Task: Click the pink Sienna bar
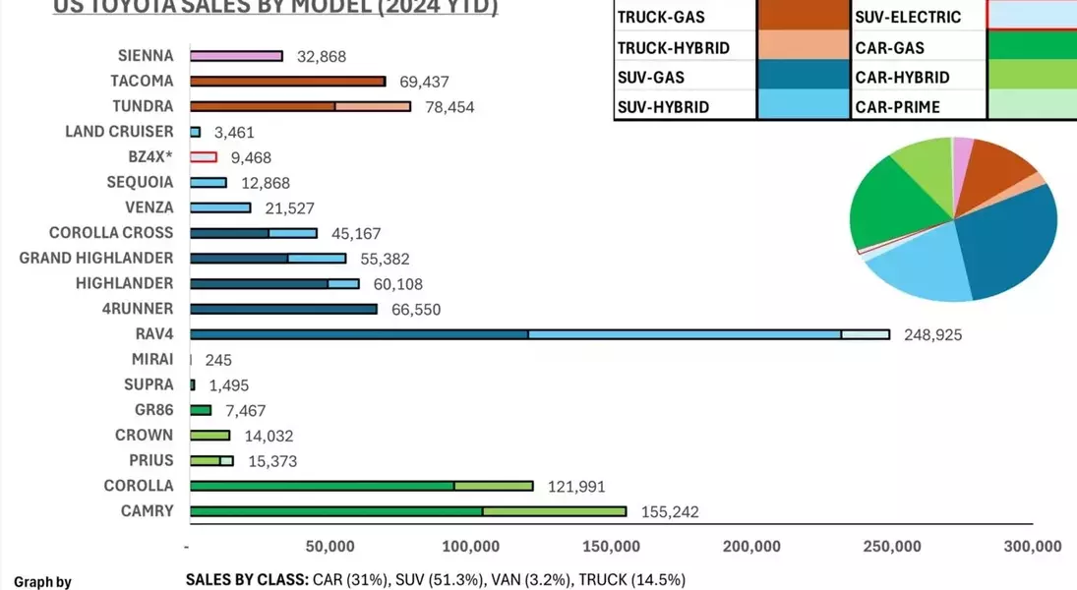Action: (236, 56)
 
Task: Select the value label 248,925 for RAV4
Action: (932, 335)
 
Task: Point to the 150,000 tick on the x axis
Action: (611, 547)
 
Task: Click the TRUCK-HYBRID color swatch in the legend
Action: (803, 46)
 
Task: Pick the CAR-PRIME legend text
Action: (897, 107)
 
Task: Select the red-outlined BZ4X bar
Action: (203, 157)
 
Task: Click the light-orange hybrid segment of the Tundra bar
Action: (373, 106)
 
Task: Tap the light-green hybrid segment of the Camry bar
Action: (554, 511)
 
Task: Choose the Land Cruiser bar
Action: (196, 132)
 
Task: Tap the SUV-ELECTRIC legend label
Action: (908, 17)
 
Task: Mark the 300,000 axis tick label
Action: (1033, 547)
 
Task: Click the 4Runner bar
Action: (283, 310)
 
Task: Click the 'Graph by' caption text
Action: (42, 582)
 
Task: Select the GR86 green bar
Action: (201, 410)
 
